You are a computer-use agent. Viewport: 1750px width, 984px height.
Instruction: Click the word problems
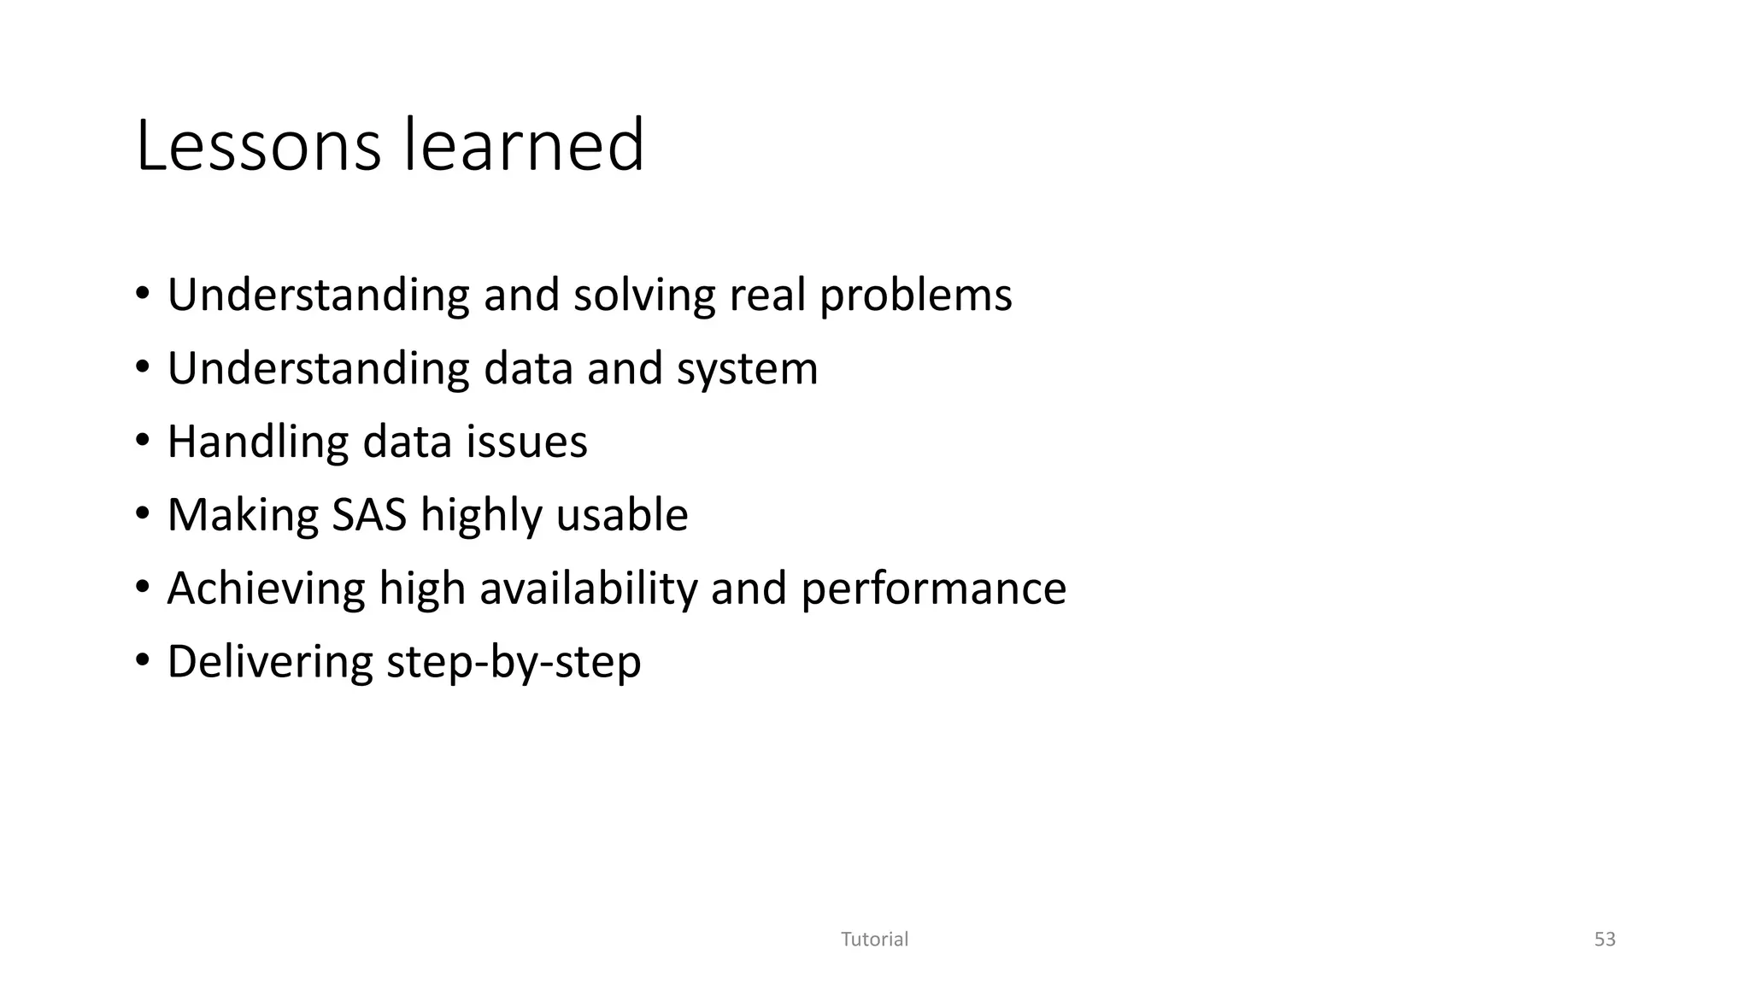click(915, 296)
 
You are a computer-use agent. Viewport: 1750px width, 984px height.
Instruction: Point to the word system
click(747, 369)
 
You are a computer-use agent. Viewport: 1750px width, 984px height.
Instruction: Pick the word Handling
click(257, 442)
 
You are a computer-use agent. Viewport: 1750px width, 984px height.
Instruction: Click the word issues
click(526, 442)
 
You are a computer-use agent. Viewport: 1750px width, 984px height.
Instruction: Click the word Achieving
click(266, 589)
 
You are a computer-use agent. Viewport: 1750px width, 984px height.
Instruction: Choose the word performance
click(933, 589)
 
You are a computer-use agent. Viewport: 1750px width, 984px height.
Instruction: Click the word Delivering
click(270, 662)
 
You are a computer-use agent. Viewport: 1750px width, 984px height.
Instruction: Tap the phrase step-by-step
click(514, 662)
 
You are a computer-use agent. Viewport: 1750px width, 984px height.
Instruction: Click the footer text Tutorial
click(874, 940)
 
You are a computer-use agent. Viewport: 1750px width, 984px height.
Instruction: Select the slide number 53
click(1605, 940)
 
